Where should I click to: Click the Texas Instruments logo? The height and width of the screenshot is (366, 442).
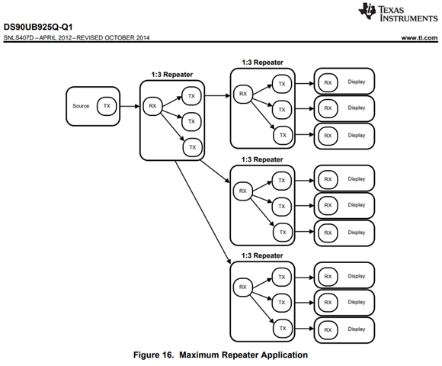(x=398, y=12)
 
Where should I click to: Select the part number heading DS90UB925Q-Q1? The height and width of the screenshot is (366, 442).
(x=38, y=27)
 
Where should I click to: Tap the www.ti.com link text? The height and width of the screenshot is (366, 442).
(x=419, y=38)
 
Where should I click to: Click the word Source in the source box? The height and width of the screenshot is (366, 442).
(x=81, y=106)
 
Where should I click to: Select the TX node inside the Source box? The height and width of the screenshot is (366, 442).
(x=107, y=106)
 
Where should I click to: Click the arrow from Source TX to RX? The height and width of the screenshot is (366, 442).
(x=130, y=106)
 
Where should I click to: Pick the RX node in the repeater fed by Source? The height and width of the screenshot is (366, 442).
(x=152, y=106)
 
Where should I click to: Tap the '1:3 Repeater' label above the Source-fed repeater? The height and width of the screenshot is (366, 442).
(x=172, y=75)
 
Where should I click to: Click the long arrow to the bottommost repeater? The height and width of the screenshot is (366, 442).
(x=203, y=212)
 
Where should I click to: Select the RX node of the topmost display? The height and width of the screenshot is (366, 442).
(x=328, y=83)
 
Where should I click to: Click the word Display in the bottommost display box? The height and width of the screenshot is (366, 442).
(x=357, y=329)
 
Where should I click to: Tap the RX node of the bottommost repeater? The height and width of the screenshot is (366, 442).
(x=242, y=287)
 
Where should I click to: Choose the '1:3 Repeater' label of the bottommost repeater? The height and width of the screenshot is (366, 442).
(x=262, y=255)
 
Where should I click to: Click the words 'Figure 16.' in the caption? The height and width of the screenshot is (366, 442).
(x=153, y=355)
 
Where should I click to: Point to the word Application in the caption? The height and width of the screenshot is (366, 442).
(x=284, y=355)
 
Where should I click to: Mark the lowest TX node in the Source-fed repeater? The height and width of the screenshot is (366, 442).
(x=193, y=147)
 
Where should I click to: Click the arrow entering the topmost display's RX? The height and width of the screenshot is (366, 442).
(x=304, y=83)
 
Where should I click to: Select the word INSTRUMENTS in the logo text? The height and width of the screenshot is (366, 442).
(x=408, y=18)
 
